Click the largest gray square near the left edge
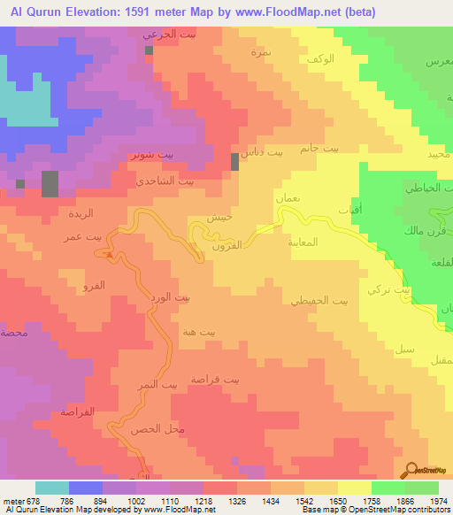[x=50, y=184]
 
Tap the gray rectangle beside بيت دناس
[x=234, y=161]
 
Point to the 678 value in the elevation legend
[x=30, y=501]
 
